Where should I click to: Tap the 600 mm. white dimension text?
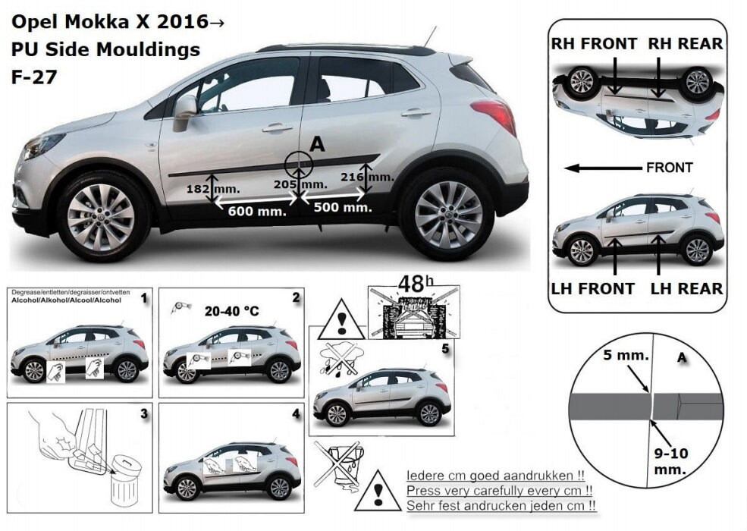click(257, 212)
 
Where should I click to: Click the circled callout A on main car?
click(298, 165)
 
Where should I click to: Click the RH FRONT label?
click(593, 44)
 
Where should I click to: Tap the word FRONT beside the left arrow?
click(670, 168)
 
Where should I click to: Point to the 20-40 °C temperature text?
click(232, 310)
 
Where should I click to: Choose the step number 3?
click(143, 415)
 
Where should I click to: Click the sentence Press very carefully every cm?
click(499, 490)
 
